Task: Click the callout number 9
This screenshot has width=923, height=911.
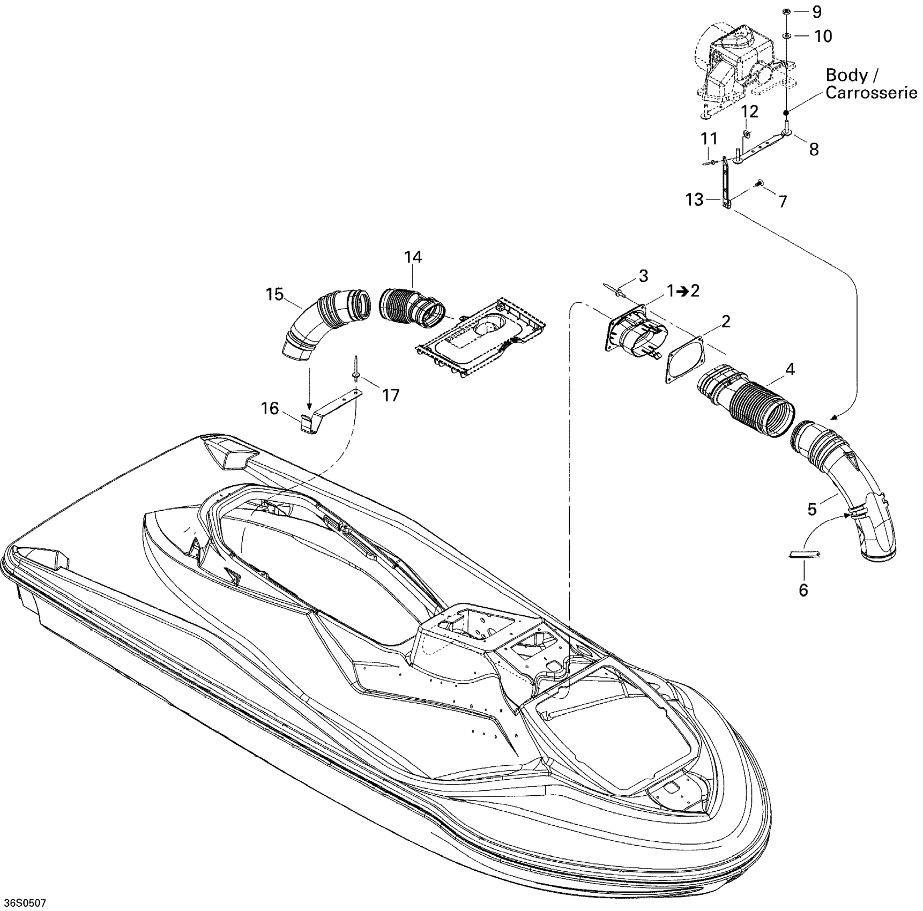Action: click(816, 12)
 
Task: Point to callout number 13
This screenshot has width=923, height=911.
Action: click(694, 200)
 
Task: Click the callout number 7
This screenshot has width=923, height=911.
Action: click(783, 201)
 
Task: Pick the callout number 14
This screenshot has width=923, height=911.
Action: click(413, 258)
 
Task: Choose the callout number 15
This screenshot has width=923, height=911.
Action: click(274, 294)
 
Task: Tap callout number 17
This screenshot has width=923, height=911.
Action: click(391, 395)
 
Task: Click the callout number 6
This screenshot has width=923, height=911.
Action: click(803, 590)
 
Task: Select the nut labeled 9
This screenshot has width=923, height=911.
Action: click(785, 12)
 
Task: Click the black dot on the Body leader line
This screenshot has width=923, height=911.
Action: click(786, 113)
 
